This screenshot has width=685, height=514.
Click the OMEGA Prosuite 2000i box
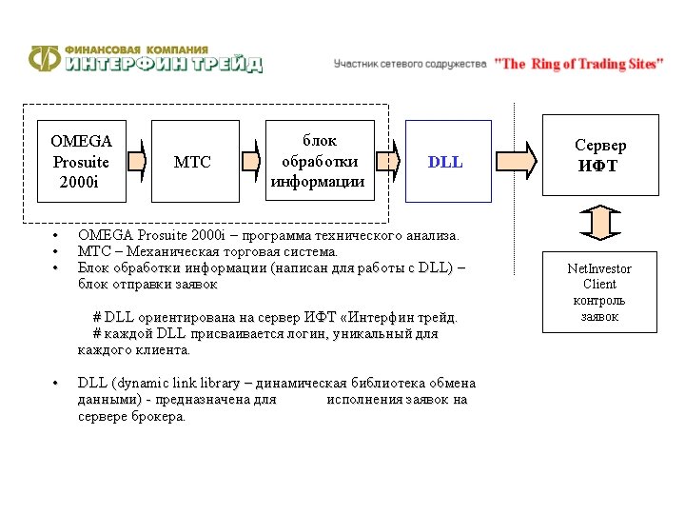81,162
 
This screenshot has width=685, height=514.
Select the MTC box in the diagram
192,162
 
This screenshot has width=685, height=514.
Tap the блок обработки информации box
318,162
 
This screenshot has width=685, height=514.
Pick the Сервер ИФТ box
599,155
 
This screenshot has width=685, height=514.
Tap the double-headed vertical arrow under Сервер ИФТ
599,224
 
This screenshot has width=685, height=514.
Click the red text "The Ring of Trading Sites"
578,64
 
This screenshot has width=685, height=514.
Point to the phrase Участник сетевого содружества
410,64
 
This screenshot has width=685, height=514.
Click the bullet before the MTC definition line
57,252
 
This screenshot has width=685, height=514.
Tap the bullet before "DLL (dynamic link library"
57,384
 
